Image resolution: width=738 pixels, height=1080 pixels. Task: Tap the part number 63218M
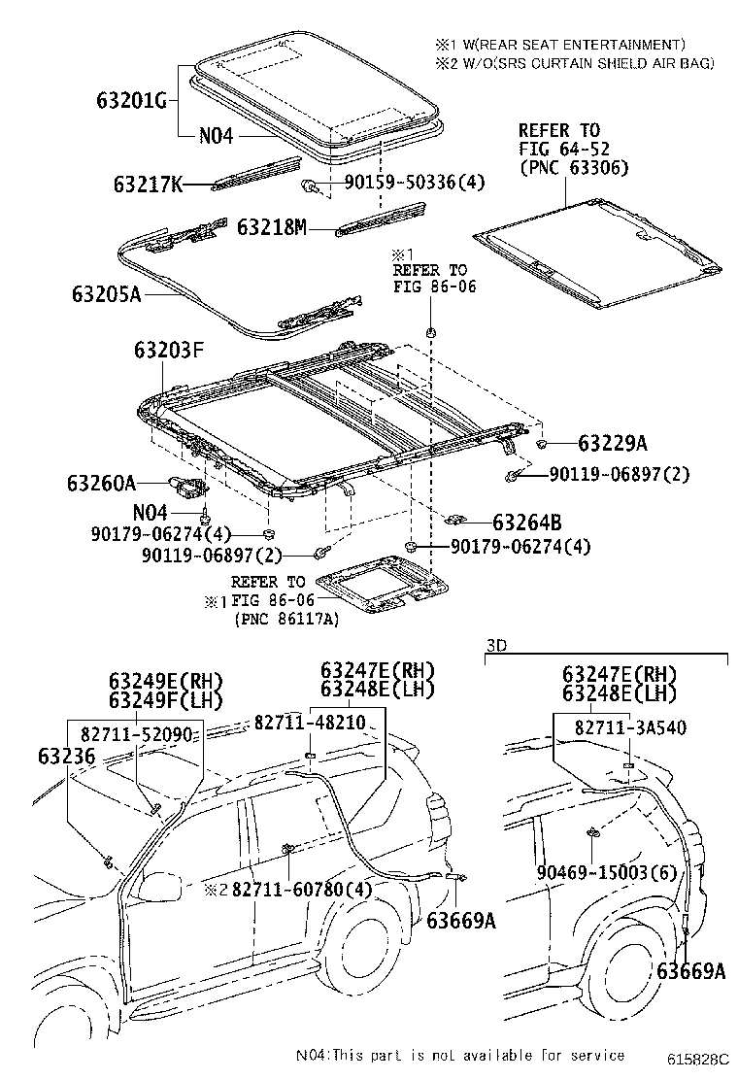272,227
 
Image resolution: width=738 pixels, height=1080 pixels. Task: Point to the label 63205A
106,292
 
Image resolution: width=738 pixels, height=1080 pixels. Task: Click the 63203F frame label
168,352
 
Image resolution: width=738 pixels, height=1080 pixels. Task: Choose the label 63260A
102,482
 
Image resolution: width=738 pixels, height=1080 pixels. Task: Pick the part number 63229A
612,444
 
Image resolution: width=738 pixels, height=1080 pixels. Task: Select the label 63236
68,755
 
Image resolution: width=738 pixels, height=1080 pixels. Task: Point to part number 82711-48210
310,724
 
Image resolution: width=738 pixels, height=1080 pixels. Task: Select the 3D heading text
496,644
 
